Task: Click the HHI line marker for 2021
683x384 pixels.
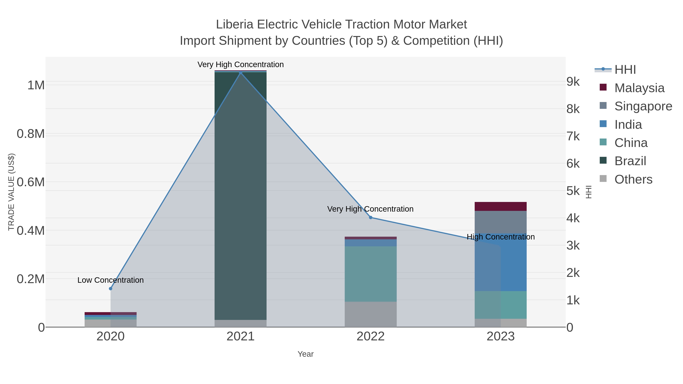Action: (241, 73)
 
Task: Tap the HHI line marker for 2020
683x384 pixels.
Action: (111, 289)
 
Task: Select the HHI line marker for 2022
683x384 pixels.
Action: (371, 218)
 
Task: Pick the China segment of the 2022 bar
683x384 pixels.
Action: (371, 274)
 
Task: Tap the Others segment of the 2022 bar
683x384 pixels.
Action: (371, 314)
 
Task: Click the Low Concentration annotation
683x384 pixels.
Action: (111, 280)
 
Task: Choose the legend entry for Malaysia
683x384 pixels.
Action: (639, 88)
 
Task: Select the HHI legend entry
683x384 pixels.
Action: (625, 70)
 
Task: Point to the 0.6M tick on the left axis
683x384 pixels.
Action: (31, 182)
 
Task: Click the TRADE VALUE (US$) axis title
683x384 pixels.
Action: (11, 192)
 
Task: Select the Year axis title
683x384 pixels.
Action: (305, 354)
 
